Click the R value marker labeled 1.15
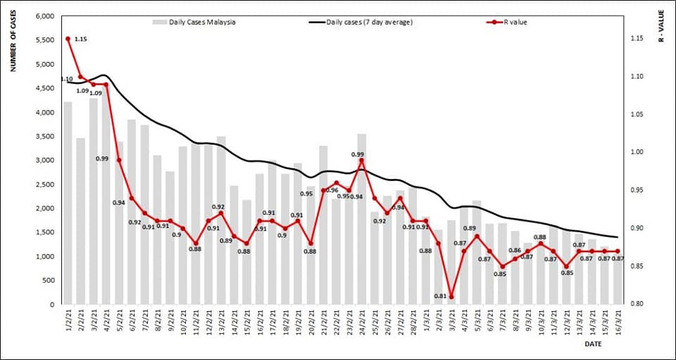(x=68, y=39)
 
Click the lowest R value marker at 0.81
(x=451, y=297)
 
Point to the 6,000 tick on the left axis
(x=44, y=16)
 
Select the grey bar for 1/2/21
(x=68, y=204)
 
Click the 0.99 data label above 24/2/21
(x=358, y=154)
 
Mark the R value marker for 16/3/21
(x=618, y=251)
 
